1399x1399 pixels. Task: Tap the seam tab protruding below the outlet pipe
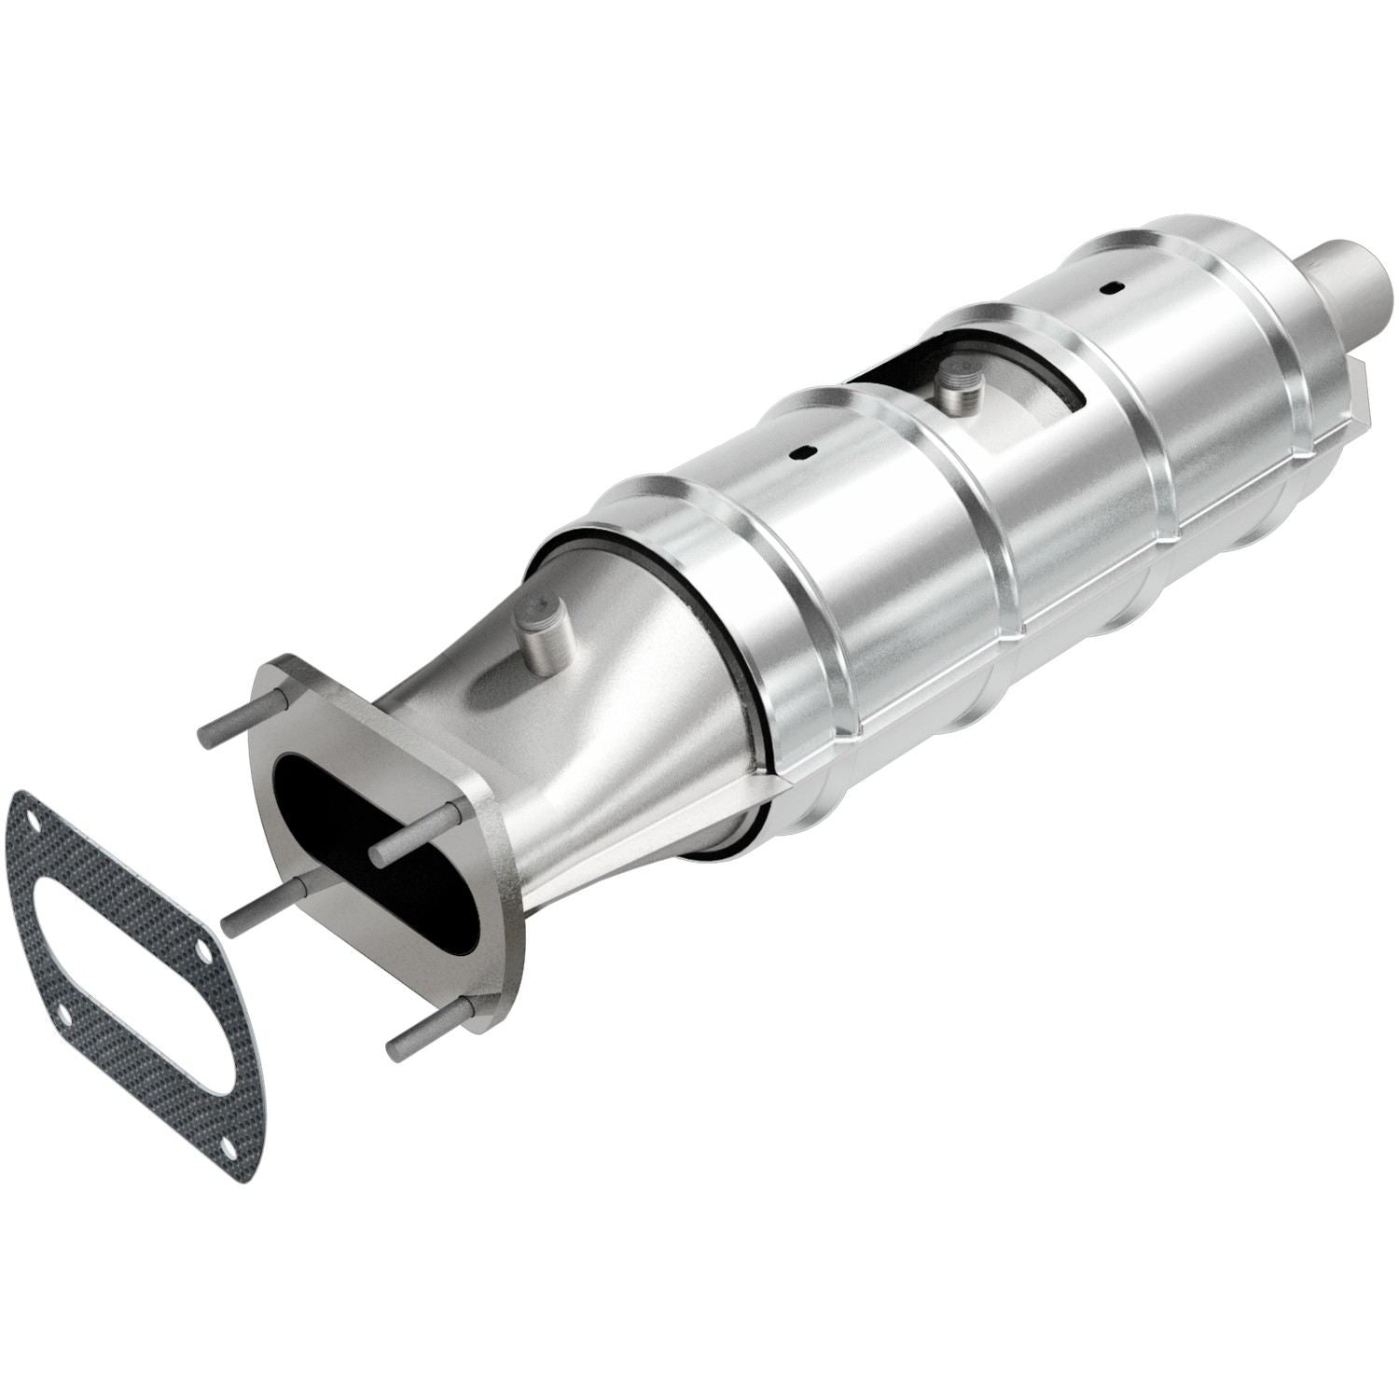pyautogui.click(x=1358, y=387)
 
